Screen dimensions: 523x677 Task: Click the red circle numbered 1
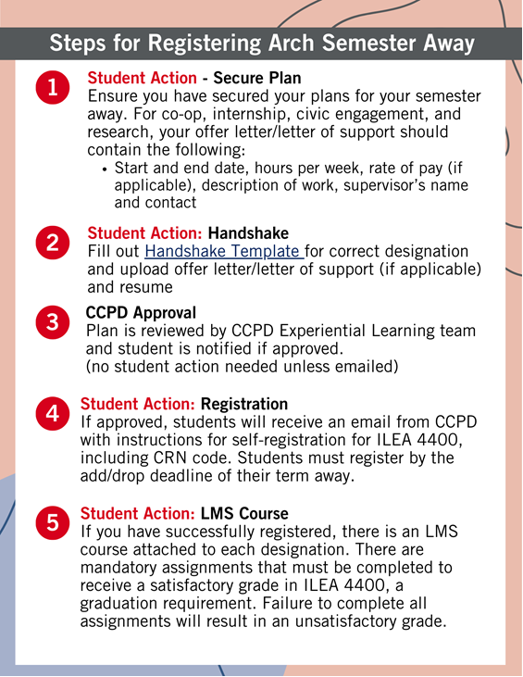(52, 88)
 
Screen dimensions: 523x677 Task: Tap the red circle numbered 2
(52, 243)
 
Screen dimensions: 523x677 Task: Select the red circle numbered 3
(52, 322)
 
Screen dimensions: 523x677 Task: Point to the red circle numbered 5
(52, 522)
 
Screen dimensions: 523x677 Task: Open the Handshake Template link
(222, 252)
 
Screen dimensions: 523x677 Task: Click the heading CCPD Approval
(141, 313)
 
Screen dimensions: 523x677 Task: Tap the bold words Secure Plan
(257, 79)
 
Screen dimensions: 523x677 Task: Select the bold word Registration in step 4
(243, 405)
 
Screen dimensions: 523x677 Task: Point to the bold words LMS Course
(244, 514)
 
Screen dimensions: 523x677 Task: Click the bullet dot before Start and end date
(105, 169)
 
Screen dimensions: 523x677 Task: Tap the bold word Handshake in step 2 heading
(248, 233)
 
